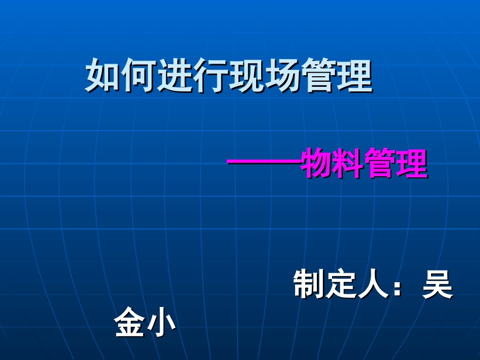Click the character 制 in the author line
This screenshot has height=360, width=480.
point(309,285)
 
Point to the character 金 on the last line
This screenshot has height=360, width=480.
point(129,324)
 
